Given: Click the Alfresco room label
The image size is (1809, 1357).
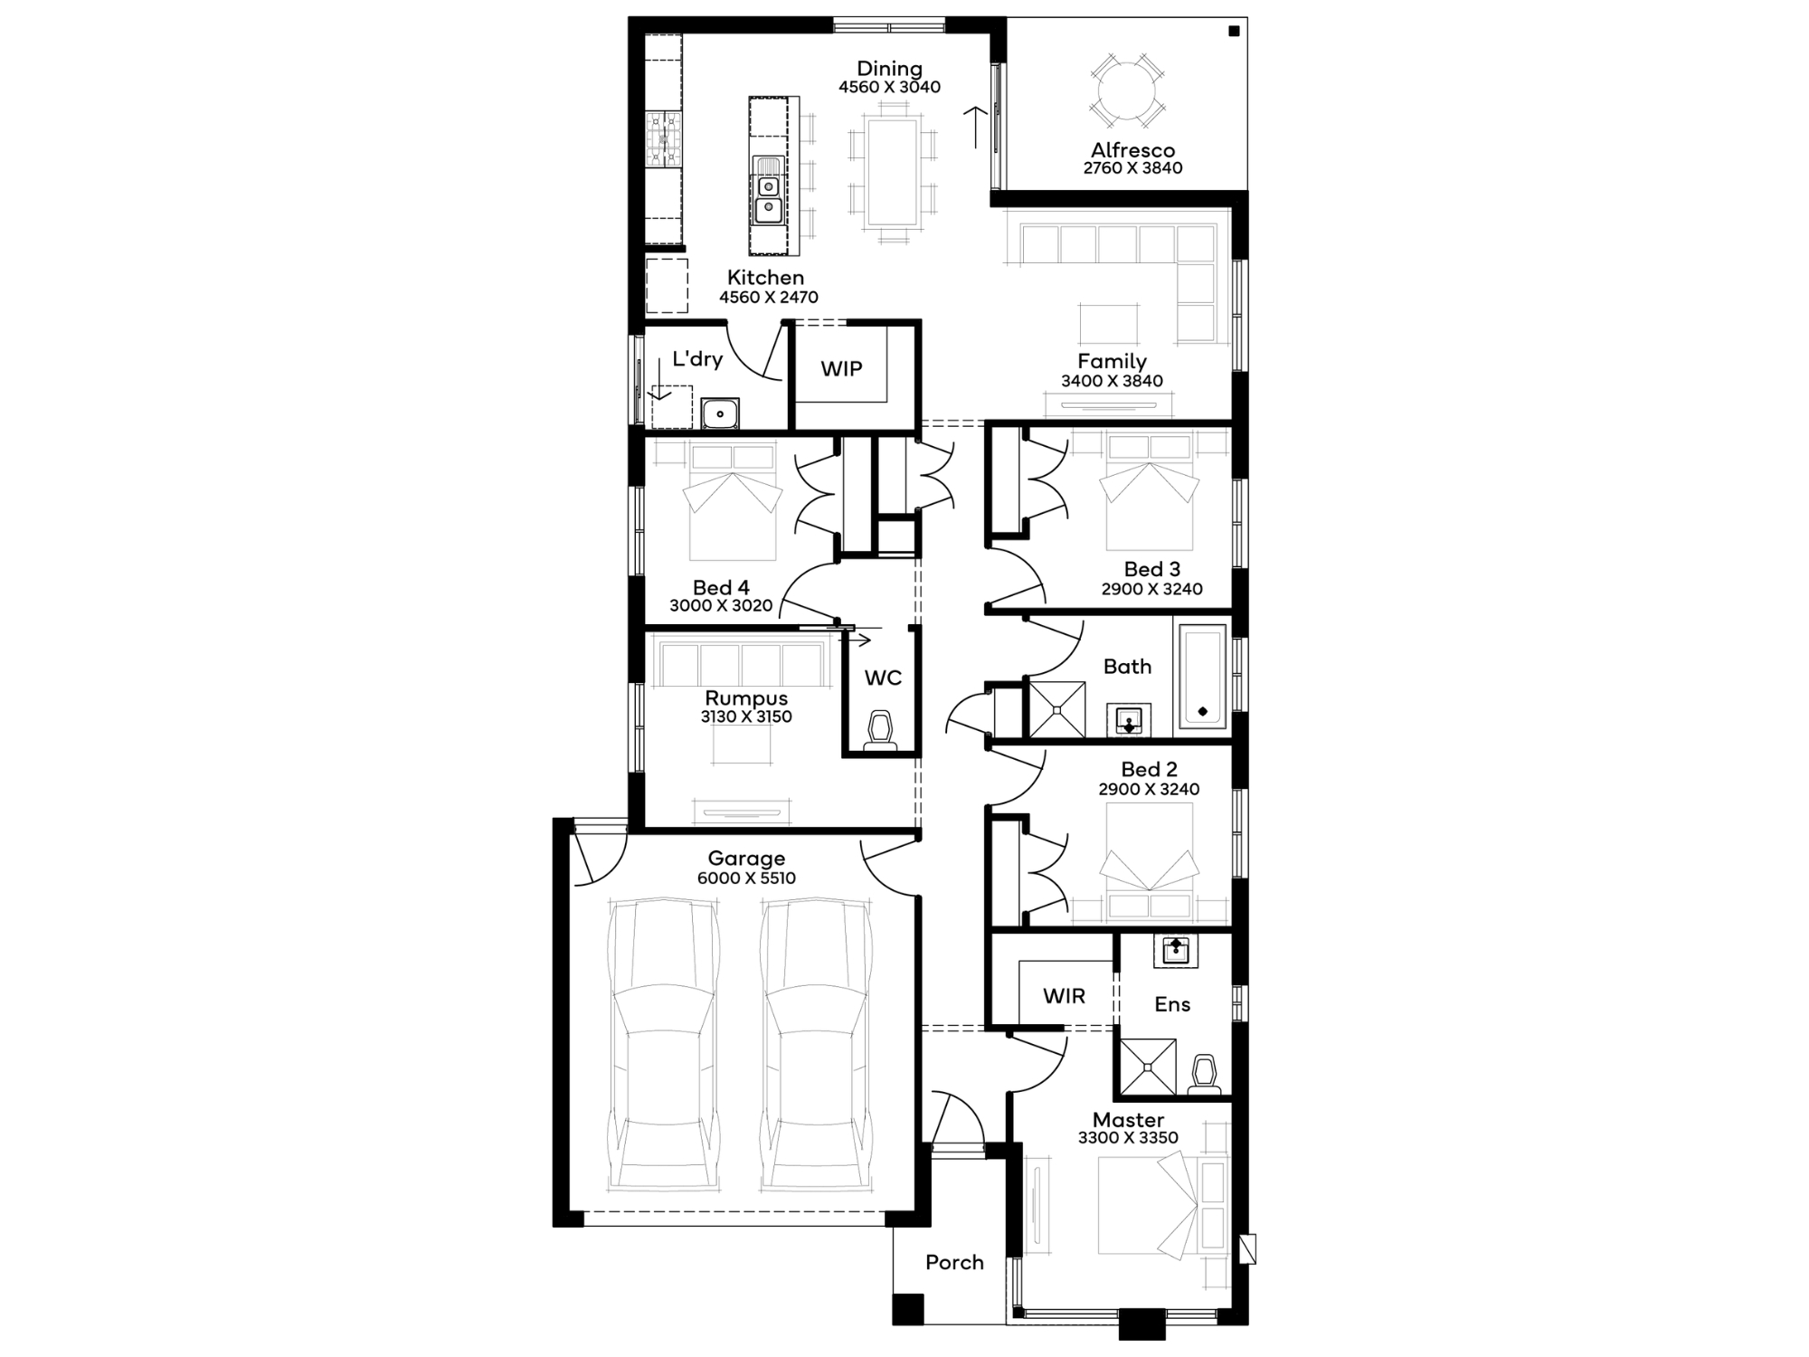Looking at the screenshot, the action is point(1132,150).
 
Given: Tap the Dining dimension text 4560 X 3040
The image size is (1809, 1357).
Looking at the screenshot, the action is point(889,87).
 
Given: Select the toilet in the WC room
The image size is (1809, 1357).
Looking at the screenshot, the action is point(880,731).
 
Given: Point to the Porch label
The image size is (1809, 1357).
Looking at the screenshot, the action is point(954,1262).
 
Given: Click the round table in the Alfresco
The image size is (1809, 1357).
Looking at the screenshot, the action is point(1127,90).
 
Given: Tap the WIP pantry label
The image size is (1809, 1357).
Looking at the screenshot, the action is point(841,368).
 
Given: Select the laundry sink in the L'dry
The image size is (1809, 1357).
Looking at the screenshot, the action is point(720,413).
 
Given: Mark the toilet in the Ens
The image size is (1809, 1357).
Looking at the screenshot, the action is point(1204,1075).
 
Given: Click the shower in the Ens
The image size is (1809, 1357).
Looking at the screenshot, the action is point(1149,1068).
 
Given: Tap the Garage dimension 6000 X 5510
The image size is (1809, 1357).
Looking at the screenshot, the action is point(746,878).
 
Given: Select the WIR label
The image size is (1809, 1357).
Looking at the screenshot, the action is point(1064,996).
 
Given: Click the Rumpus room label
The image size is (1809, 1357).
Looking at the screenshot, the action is point(746,698).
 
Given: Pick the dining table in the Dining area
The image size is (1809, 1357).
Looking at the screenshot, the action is point(893,172).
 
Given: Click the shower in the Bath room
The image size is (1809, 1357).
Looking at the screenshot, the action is point(1056,709).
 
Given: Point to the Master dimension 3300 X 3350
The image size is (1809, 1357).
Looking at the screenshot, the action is point(1128,1138).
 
